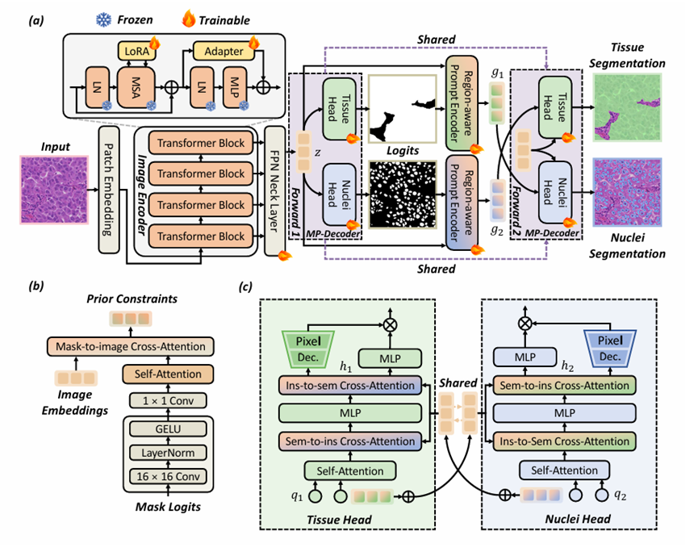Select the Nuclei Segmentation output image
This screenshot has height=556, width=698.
626,192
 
